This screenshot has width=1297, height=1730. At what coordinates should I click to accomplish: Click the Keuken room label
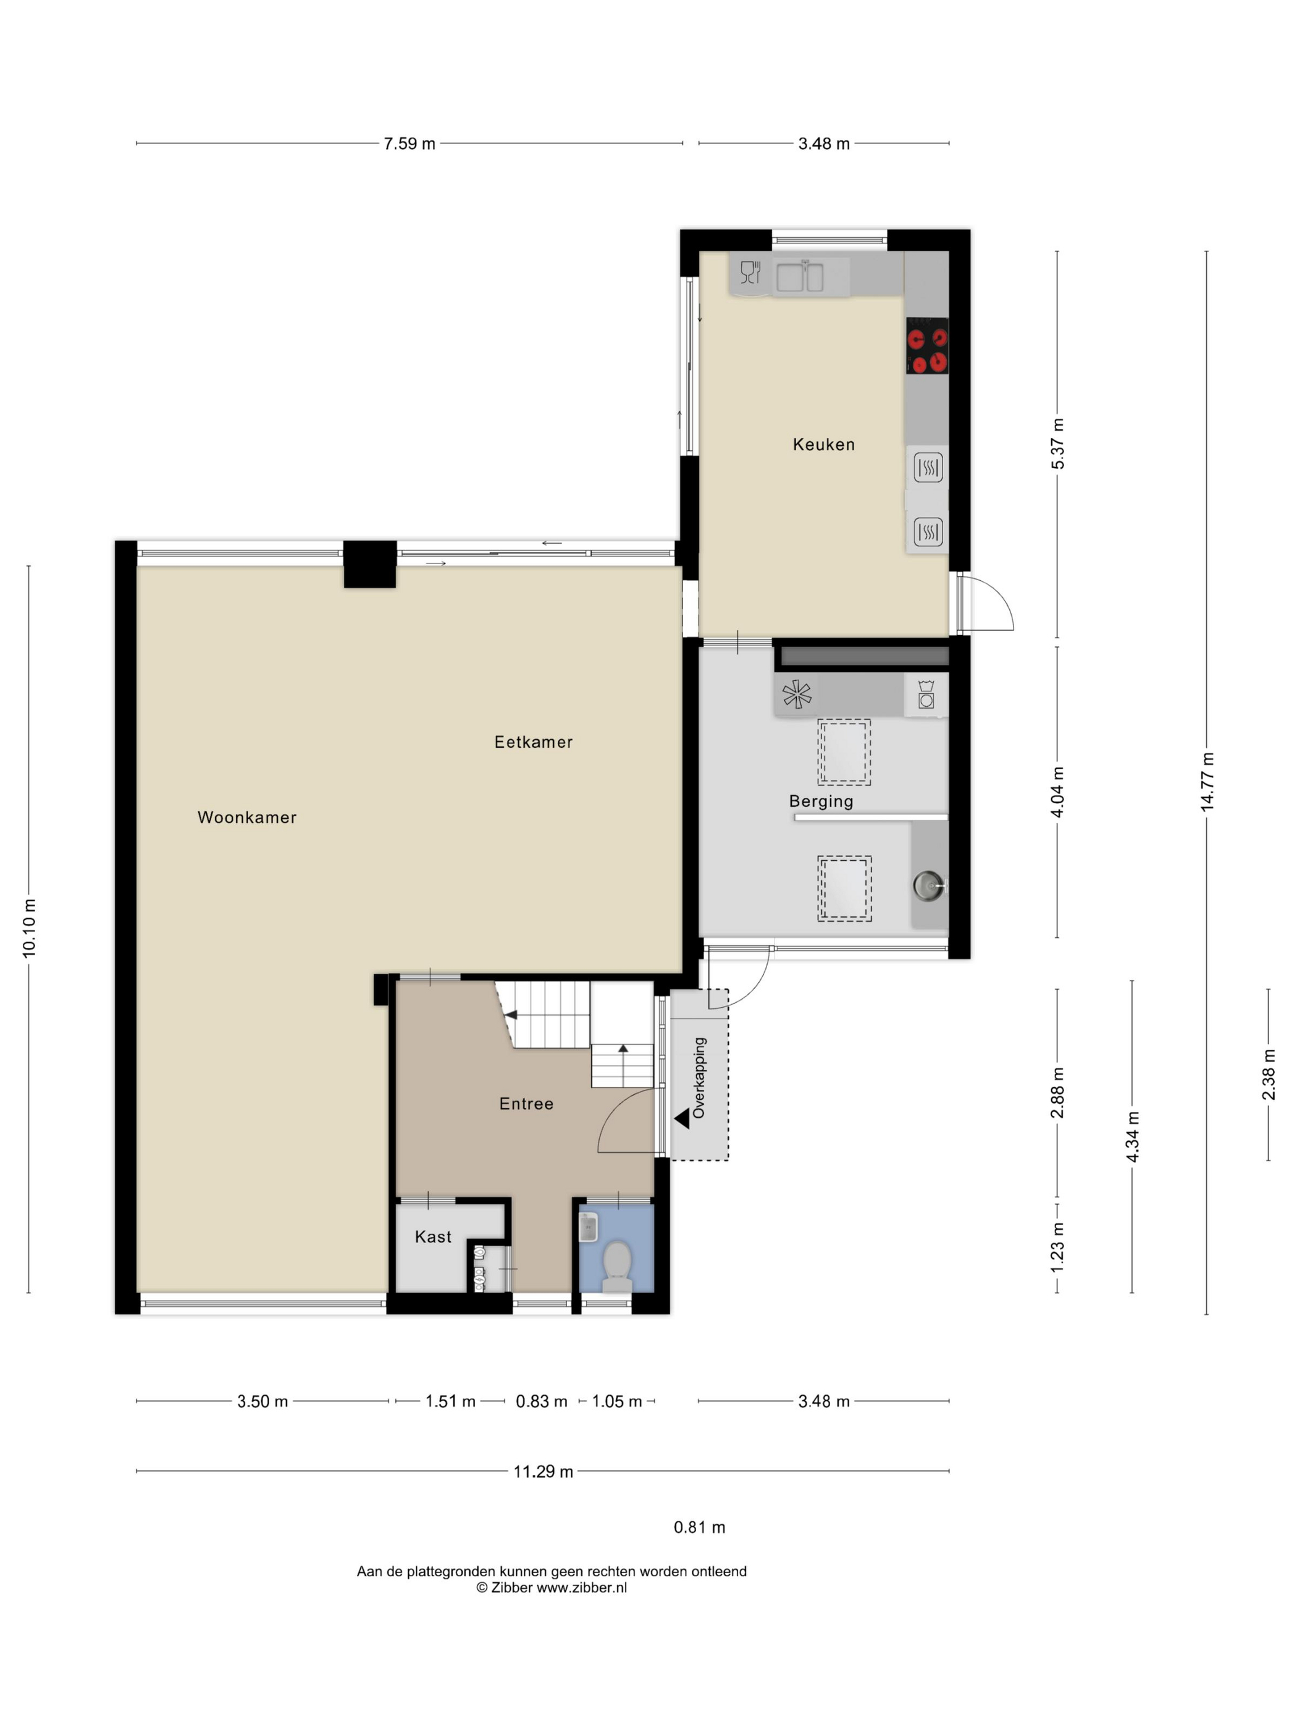click(x=823, y=444)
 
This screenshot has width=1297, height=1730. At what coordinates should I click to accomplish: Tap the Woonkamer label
click(x=247, y=817)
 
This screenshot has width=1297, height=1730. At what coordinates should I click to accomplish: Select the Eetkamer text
click(x=533, y=742)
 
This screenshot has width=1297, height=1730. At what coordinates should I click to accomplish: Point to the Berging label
click(x=821, y=801)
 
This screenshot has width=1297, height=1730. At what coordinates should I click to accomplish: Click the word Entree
click(x=526, y=1103)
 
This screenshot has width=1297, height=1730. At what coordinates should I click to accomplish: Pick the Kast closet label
click(x=433, y=1236)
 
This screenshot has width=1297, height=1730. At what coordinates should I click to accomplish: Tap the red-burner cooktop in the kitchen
click(x=927, y=345)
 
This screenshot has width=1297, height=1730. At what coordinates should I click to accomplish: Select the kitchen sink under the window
click(x=800, y=276)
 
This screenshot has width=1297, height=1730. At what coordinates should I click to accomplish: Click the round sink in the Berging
click(x=927, y=886)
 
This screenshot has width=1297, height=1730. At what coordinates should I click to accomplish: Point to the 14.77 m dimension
click(x=1207, y=782)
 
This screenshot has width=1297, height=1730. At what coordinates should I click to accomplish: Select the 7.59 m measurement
click(x=409, y=144)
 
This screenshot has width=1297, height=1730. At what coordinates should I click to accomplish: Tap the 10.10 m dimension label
click(x=29, y=929)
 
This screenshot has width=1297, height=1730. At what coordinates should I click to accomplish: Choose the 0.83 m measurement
click(x=542, y=1401)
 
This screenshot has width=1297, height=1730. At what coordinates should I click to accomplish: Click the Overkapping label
click(x=699, y=1078)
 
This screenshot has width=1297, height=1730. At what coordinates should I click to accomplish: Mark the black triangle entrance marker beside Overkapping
click(x=682, y=1118)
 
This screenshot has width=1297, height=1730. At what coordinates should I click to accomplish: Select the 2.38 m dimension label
click(x=1269, y=1074)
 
